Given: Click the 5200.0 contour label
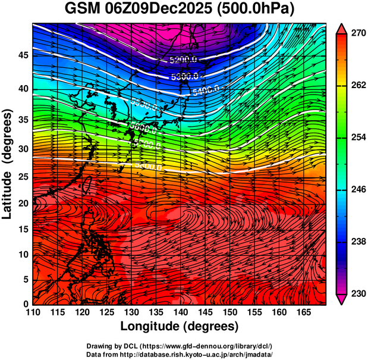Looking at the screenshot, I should point(183,60).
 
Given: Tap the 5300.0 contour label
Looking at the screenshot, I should point(184,77).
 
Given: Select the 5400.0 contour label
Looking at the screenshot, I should point(206,90).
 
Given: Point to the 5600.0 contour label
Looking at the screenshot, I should point(142,128).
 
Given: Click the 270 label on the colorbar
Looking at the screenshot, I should point(357,33).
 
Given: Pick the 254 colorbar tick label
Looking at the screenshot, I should point(357,137).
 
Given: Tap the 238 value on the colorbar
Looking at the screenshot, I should point(357,242).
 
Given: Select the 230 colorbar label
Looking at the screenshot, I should point(357,293).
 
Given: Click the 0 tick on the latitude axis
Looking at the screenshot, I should point(25,304).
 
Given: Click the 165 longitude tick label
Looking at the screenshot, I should point(301,312).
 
